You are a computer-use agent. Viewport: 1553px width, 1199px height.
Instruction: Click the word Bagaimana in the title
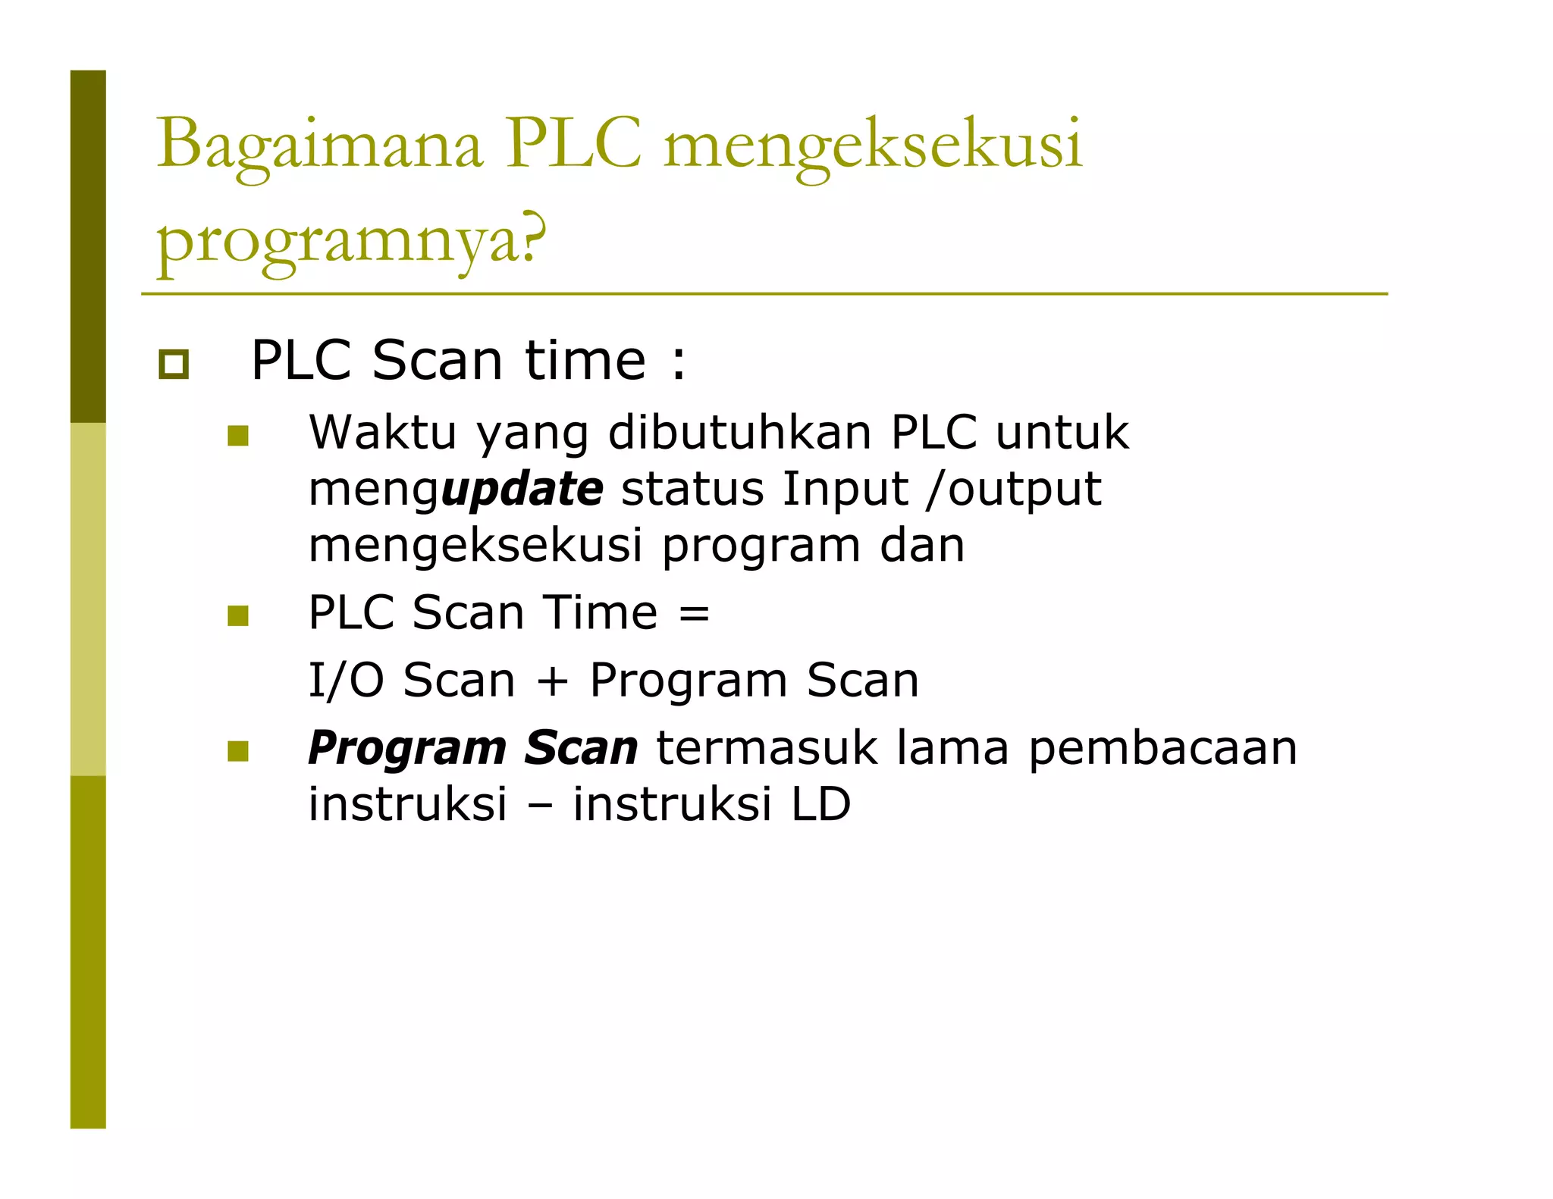tap(319, 144)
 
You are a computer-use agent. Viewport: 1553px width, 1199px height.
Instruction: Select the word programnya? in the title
tap(351, 239)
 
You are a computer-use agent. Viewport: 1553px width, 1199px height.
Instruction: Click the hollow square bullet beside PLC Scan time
tap(174, 365)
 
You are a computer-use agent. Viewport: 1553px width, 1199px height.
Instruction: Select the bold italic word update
tap(522, 489)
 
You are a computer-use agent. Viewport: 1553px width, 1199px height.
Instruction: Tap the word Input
tap(846, 489)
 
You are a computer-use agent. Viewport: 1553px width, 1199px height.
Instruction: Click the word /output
tap(1015, 489)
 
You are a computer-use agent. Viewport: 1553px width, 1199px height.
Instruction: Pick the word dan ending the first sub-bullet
tap(922, 545)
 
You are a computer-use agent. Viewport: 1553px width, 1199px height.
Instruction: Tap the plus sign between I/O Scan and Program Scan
tap(552, 680)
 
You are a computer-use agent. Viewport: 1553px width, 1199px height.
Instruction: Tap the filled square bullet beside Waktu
tap(238, 436)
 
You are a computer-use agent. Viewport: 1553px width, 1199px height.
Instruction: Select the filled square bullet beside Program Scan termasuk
tap(238, 751)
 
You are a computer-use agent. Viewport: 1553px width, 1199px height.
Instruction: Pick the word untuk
tap(1062, 433)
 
